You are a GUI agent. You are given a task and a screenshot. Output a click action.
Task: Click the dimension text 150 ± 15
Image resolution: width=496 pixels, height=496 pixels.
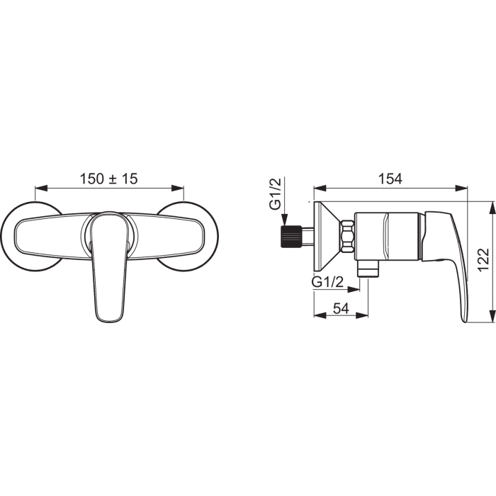[109, 179]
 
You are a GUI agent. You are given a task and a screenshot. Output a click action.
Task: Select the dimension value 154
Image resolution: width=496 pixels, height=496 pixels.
[390, 179]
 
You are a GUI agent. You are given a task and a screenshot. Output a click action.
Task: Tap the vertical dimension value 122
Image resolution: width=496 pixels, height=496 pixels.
[483, 260]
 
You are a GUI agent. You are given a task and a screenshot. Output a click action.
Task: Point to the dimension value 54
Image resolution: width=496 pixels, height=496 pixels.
[341, 308]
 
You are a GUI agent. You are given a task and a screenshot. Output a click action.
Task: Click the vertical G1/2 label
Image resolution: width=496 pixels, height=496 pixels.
[275, 194]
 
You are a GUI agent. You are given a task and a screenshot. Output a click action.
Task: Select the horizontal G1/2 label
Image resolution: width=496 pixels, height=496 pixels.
[327, 281]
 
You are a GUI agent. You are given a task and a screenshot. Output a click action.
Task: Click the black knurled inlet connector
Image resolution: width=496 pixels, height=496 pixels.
[291, 237]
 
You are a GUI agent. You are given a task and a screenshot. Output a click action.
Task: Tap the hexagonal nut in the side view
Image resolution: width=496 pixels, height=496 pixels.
[346, 236]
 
